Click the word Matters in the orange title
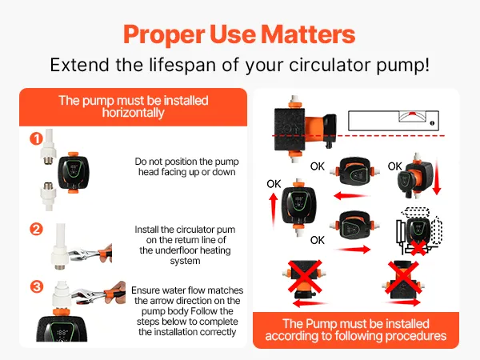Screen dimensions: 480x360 (x=308, y=34)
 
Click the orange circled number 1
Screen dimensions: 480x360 (x=36, y=138)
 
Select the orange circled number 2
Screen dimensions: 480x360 (x=36, y=229)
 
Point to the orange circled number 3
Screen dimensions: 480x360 (x=37, y=287)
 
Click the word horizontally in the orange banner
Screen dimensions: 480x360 (x=133, y=113)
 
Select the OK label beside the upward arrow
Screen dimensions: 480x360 (x=274, y=184)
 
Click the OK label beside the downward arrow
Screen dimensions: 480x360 (x=394, y=166)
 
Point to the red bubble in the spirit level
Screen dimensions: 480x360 (x=412, y=114)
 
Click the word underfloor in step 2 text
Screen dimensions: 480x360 (x=178, y=250)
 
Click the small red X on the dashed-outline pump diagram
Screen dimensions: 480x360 (x=418, y=248)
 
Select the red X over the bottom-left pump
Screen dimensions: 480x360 (x=305, y=277)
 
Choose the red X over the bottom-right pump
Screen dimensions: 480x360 (x=403, y=278)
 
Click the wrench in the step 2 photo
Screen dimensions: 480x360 (x=90, y=254)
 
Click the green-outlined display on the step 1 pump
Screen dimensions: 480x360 (x=74, y=170)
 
